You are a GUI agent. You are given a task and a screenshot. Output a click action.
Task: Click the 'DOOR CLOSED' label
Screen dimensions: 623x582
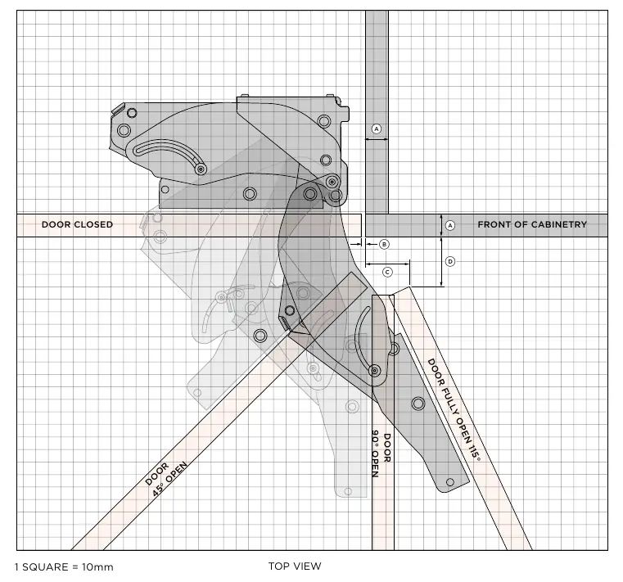[x=77, y=224]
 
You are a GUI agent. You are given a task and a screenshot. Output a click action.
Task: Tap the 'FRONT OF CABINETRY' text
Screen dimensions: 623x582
[x=532, y=224]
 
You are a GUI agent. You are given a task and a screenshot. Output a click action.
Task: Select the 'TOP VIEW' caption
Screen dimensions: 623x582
[x=295, y=566]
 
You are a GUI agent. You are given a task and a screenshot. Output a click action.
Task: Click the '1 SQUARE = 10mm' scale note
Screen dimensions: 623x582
[x=64, y=567]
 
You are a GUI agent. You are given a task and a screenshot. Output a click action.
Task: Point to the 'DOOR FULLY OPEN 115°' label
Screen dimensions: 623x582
[x=454, y=409]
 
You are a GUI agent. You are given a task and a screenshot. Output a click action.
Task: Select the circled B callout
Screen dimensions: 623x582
[x=384, y=244]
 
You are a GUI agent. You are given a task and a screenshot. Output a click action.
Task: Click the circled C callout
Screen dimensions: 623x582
[x=387, y=272]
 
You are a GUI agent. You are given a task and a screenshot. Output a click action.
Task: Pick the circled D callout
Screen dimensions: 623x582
[x=450, y=261]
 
